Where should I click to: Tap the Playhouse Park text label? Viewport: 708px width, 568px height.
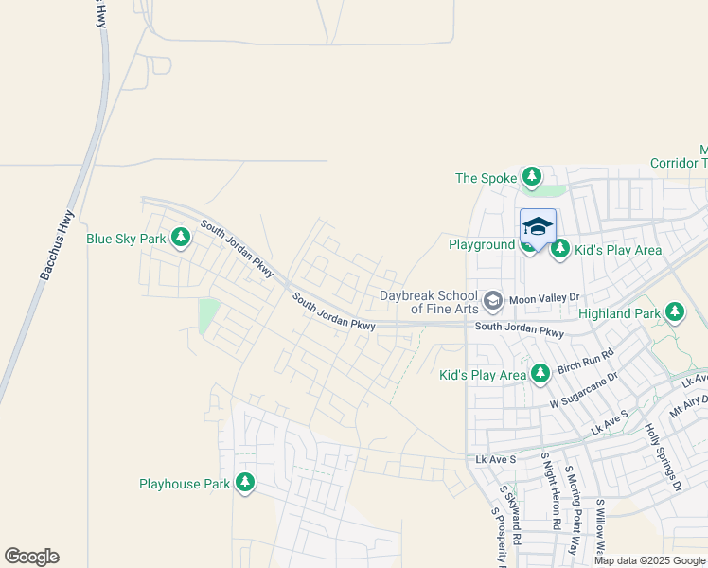[x=185, y=484]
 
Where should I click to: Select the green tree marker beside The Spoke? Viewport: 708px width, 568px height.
[x=532, y=178]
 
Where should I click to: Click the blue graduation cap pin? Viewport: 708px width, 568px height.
[x=538, y=227]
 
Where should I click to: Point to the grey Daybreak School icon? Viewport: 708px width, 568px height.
[x=492, y=301]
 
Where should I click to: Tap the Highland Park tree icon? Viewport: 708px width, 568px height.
[x=674, y=311]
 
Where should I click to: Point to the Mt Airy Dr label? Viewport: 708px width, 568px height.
[x=688, y=406]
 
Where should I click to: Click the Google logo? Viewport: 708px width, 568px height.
[x=31, y=557]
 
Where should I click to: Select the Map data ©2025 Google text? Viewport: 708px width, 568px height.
[x=649, y=560]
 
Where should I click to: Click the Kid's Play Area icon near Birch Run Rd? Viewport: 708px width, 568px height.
[x=540, y=375]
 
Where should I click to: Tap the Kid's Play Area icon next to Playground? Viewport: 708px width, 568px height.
[x=559, y=249]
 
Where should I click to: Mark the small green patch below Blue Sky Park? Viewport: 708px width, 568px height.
[x=209, y=314]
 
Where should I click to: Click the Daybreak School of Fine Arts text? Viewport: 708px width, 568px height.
[x=429, y=302]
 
